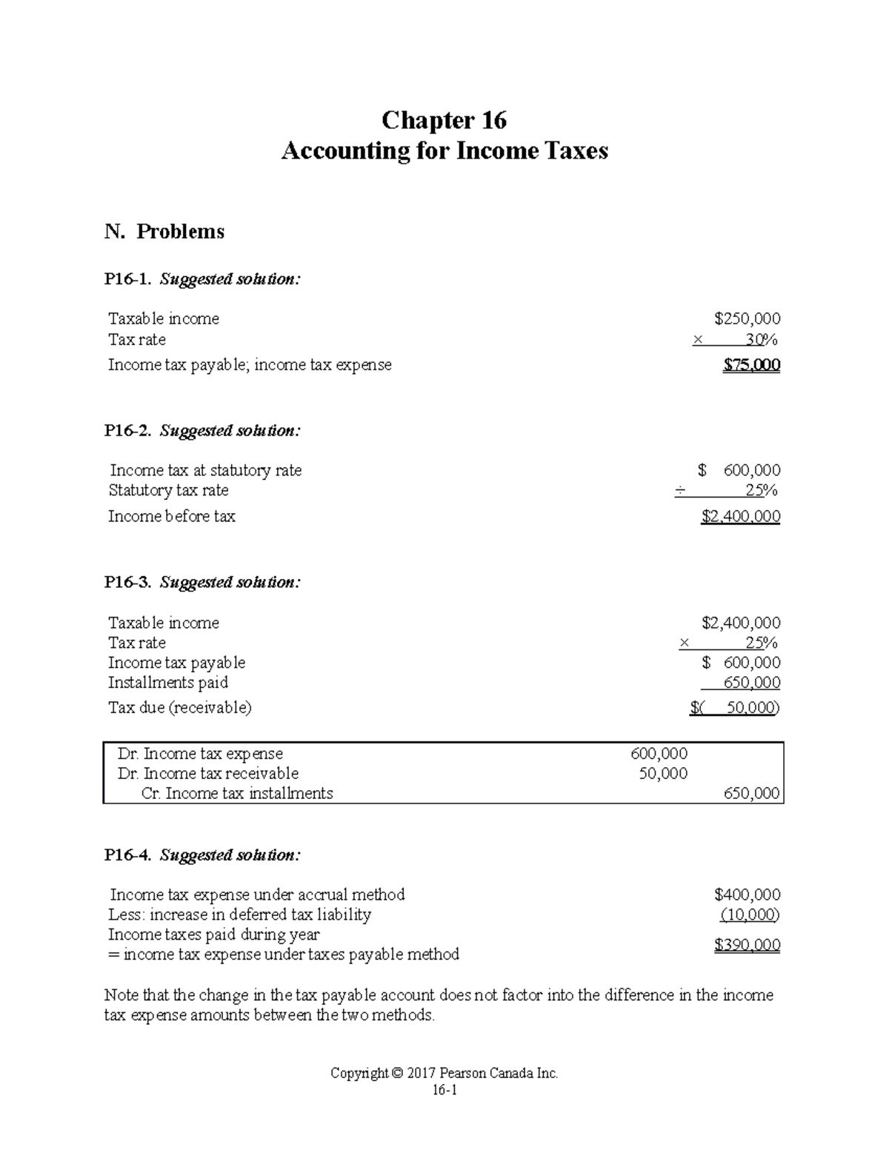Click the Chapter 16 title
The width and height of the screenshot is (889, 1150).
444,120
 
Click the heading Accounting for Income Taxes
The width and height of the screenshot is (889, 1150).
444,151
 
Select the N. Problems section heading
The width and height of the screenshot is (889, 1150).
164,232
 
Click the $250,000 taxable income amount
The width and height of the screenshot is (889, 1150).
747,319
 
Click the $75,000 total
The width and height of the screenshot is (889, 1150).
751,365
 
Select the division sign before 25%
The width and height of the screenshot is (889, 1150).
680,491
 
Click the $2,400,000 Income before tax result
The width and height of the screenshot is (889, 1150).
740,517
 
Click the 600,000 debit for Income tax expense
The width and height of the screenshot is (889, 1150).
659,754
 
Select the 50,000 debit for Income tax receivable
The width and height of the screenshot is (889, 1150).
663,774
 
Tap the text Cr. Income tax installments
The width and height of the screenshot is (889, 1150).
237,794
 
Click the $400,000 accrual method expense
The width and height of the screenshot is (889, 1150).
747,895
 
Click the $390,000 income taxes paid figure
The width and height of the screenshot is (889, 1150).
747,945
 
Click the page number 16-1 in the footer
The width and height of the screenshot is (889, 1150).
444,1091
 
